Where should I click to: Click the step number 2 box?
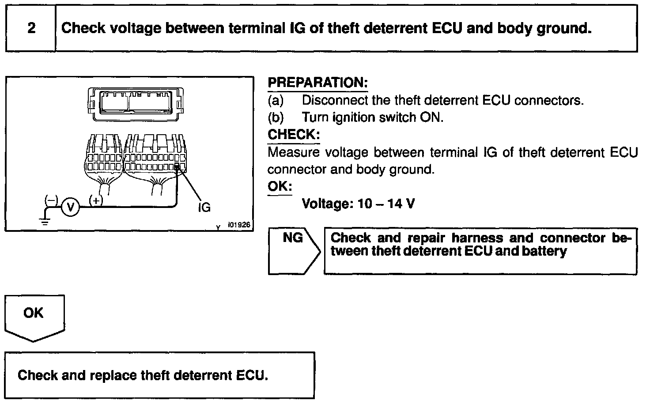pyautogui.click(x=31, y=28)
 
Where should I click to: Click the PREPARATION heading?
pyautogui.click(x=317, y=83)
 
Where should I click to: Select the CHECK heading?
pyautogui.click(x=293, y=134)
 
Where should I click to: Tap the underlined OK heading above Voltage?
pyautogui.click(x=280, y=186)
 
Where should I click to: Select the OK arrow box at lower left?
pyautogui.click(x=34, y=315)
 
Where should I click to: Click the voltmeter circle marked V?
pyautogui.click(x=70, y=207)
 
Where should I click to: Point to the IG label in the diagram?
pyautogui.click(x=204, y=207)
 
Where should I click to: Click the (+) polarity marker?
pyautogui.click(x=96, y=200)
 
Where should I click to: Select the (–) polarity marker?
pyautogui.click(x=51, y=200)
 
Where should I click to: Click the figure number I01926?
pyautogui.click(x=239, y=225)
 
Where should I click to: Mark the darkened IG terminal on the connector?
pyautogui.click(x=178, y=166)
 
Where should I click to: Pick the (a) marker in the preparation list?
pyautogui.click(x=276, y=100)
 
